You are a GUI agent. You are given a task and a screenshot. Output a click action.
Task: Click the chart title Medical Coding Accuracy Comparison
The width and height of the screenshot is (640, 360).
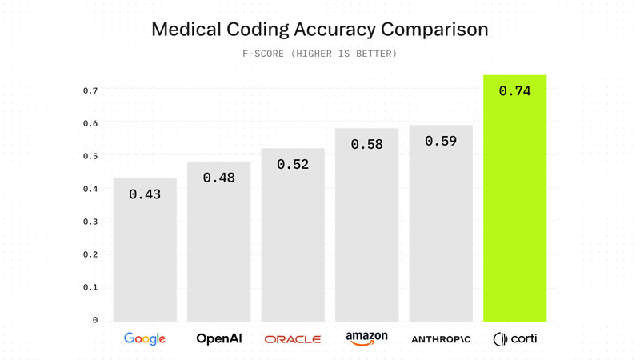tap(320, 30)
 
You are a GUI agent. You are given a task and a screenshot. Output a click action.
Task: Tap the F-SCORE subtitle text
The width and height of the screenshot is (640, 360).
tap(320, 54)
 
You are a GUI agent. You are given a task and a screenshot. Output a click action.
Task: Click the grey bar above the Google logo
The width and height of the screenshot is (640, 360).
tap(145, 256)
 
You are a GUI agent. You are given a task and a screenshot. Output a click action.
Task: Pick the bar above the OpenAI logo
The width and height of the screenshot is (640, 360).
tap(219, 248)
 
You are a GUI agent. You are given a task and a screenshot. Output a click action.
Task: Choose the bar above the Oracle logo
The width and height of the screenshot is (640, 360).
tap(293, 240)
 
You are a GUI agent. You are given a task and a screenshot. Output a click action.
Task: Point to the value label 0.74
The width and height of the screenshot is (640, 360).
tap(514, 91)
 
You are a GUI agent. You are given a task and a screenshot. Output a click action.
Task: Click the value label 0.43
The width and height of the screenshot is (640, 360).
tap(145, 194)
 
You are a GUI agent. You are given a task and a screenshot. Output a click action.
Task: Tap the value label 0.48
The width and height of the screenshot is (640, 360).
tap(219, 178)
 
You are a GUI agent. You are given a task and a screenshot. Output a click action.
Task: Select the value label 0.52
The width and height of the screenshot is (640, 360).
tap(293, 164)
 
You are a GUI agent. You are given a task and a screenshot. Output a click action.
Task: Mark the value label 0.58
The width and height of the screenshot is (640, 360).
tap(366, 145)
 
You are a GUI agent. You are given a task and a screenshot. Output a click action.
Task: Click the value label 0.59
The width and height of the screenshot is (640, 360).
tap(441, 141)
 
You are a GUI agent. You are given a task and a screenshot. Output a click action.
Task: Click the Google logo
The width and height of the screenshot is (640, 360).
tap(145, 339)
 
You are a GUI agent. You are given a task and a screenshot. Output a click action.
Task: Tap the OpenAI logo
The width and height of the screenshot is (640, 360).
tap(219, 339)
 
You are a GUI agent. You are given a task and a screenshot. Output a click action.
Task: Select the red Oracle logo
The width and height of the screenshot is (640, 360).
tap(293, 339)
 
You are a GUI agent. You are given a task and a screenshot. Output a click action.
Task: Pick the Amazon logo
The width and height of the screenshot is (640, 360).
tap(366, 339)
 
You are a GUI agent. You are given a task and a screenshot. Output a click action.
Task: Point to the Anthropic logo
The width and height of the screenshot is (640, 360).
tap(441, 339)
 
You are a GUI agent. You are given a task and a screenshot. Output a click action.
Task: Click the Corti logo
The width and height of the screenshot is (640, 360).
tap(514, 339)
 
